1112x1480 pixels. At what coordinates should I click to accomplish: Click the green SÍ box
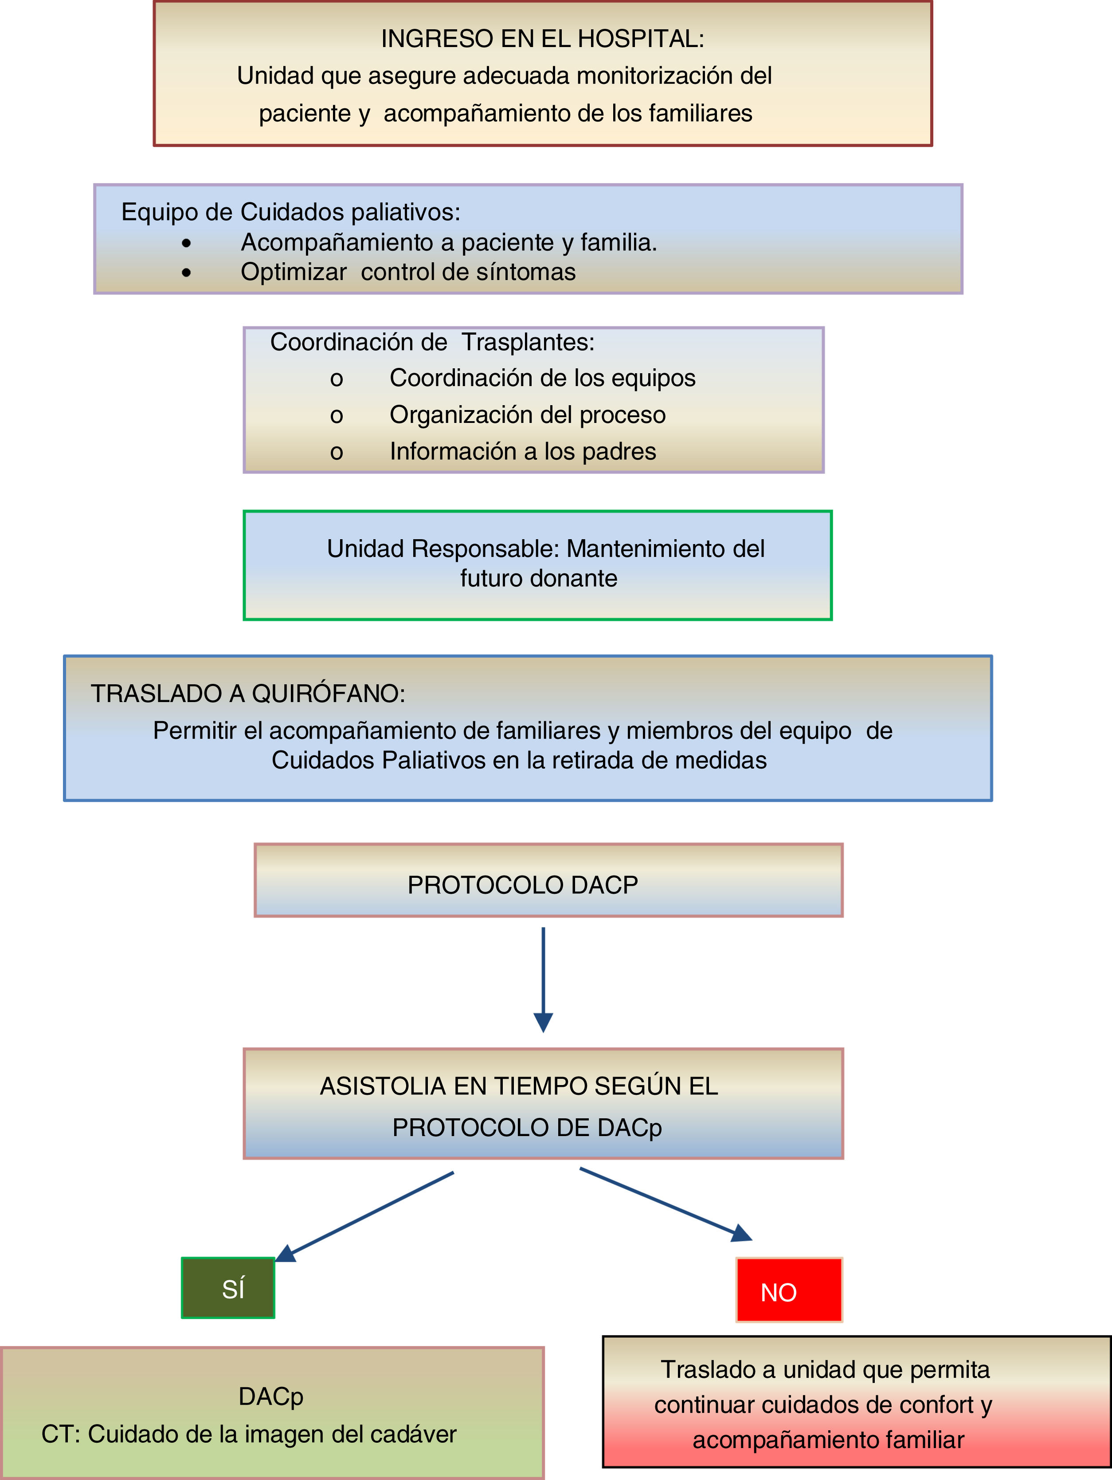(x=228, y=1287)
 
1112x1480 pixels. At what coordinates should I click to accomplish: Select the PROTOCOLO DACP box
(x=548, y=880)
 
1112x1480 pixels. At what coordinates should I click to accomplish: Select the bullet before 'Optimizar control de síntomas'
(x=186, y=272)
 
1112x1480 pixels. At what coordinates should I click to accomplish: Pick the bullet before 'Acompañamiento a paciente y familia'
(x=186, y=243)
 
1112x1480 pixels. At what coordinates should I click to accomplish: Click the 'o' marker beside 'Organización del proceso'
(x=337, y=415)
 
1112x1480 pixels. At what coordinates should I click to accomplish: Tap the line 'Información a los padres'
(x=522, y=452)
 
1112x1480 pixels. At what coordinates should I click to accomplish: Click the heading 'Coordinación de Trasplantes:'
(x=432, y=342)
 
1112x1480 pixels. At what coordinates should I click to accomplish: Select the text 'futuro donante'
(x=538, y=578)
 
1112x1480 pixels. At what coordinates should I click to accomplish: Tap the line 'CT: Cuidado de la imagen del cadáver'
(x=249, y=1434)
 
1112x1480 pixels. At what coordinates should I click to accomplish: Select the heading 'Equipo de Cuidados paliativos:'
(x=291, y=212)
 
